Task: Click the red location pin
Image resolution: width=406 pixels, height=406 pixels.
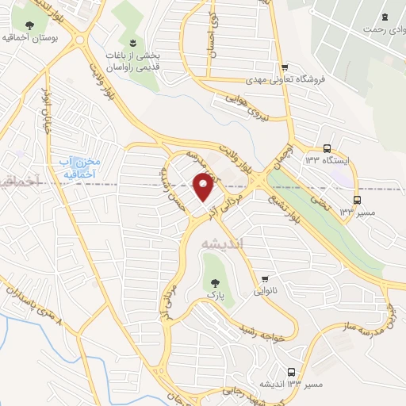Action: click(x=204, y=187)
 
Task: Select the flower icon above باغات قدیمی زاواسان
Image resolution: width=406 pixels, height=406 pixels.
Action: click(x=132, y=42)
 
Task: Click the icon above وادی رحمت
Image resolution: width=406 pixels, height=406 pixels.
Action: click(x=385, y=17)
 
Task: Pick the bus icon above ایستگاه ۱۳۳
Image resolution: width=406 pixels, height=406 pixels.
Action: click(x=327, y=147)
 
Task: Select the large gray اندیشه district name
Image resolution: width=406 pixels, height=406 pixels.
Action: click(x=224, y=243)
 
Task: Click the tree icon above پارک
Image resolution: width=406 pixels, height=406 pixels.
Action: click(x=213, y=282)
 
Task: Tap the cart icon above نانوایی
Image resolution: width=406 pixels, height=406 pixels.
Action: click(x=265, y=278)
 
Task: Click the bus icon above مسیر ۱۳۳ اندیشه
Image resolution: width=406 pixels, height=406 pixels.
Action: click(x=292, y=371)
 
